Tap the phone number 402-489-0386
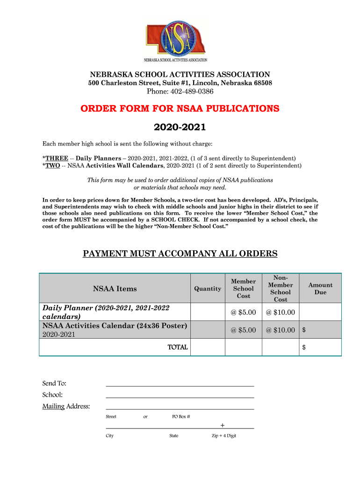coord(180,91)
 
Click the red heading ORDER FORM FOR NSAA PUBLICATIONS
coord(180,109)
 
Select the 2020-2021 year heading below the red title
coord(180,127)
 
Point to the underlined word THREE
coord(57,158)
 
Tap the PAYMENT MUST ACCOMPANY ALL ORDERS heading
coord(180,254)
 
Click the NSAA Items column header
coord(115,289)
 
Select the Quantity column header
coord(208,289)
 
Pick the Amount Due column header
coord(320,289)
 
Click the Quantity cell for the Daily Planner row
coord(208,312)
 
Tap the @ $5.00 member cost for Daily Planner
coord(243,312)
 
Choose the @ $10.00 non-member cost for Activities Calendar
coord(281,330)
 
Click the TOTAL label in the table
coord(178,347)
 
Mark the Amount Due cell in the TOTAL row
coord(320,347)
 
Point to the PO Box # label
coord(181,416)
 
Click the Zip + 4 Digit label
coord(223,435)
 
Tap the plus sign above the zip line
coord(222,425)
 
